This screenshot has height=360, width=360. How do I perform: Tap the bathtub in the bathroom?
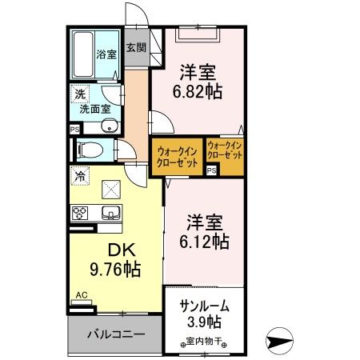pyautogui.click(x=82, y=53)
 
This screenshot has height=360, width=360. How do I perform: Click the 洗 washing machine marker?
pyautogui.click(x=79, y=94)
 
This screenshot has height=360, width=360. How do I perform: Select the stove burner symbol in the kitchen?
pyautogui.click(x=80, y=213)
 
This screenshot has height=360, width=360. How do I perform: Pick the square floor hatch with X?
pyautogui.click(x=110, y=189)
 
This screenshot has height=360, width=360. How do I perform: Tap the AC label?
pyautogui.click(x=80, y=295)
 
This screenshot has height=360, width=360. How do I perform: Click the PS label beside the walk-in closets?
pyautogui.click(x=211, y=170)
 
